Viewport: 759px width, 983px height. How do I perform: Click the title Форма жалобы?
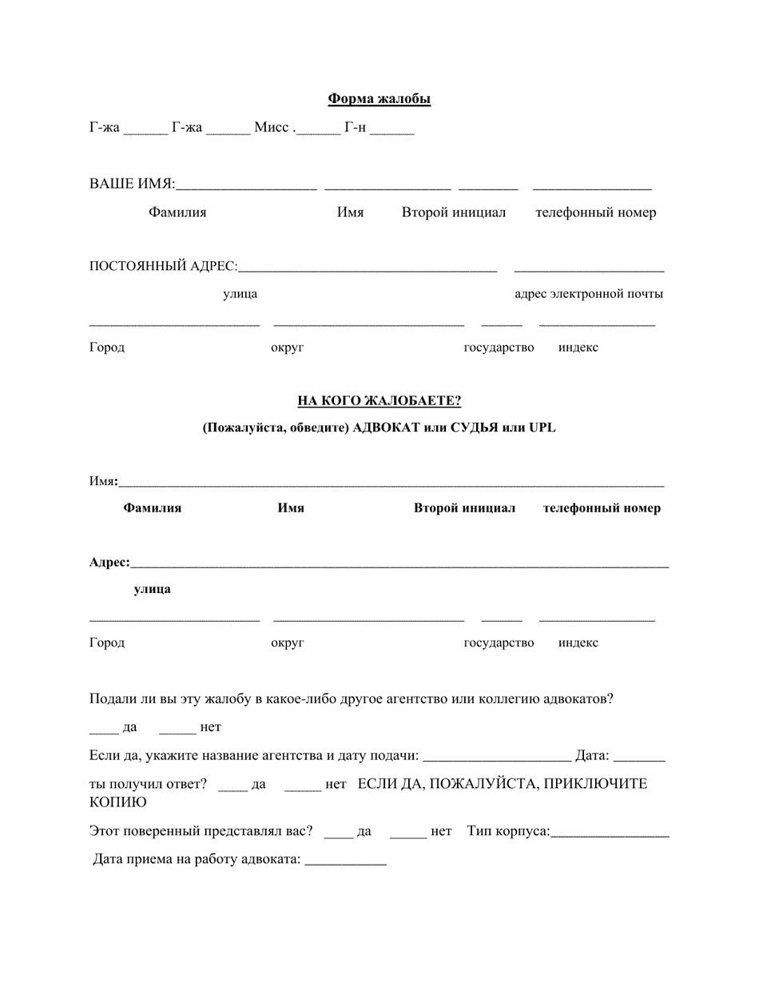point(379,99)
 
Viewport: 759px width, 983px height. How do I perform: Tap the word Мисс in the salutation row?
point(271,128)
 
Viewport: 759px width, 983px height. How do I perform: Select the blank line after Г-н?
point(391,130)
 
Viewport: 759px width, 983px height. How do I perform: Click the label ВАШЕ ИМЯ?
point(132,184)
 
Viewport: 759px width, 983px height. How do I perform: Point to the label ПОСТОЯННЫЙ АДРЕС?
point(163,266)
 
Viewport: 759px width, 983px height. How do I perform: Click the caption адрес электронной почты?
point(588,293)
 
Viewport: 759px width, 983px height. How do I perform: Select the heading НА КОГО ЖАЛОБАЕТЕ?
point(379,400)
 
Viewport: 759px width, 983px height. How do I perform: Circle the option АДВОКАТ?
point(386,428)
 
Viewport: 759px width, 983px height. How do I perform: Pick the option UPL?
point(542,428)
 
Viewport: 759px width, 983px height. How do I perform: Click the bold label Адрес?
point(109,563)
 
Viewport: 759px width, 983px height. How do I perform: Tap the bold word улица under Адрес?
point(152,589)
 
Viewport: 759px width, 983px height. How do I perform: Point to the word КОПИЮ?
point(117,802)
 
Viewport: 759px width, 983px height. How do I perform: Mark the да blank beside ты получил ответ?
point(232,788)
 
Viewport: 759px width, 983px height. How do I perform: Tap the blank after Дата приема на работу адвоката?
point(345,863)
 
